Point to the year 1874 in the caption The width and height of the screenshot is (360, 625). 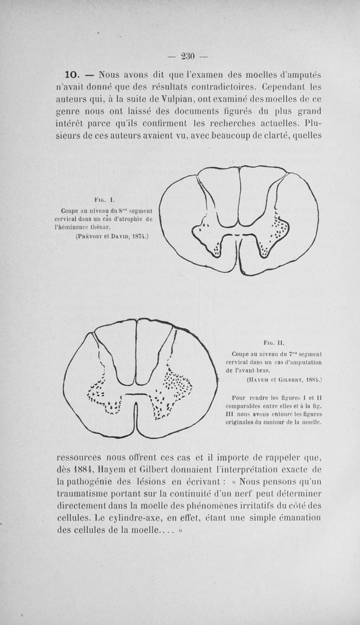click(x=139, y=236)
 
